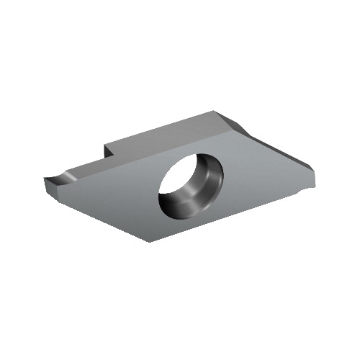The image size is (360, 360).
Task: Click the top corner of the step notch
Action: [x=107, y=143]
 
